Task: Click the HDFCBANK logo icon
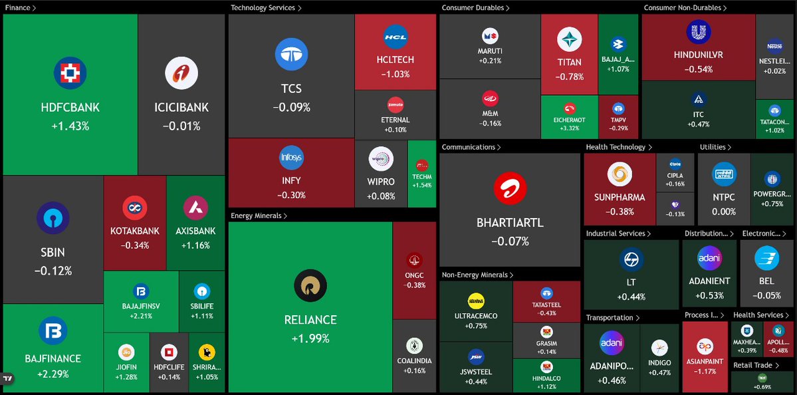tap(70, 73)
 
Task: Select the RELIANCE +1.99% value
tap(310, 338)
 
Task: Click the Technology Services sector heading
tap(266, 8)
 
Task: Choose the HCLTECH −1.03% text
tap(395, 74)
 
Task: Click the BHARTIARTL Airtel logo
tap(510, 188)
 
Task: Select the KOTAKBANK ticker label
tap(135, 231)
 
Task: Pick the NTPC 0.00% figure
tap(724, 211)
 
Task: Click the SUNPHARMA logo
tap(620, 174)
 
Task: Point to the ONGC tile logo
tap(414, 261)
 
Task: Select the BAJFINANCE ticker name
tap(53, 358)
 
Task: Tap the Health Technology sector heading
tap(616, 147)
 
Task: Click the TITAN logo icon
tap(569, 40)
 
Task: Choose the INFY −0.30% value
tap(291, 195)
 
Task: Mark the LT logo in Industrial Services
tap(631, 261)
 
